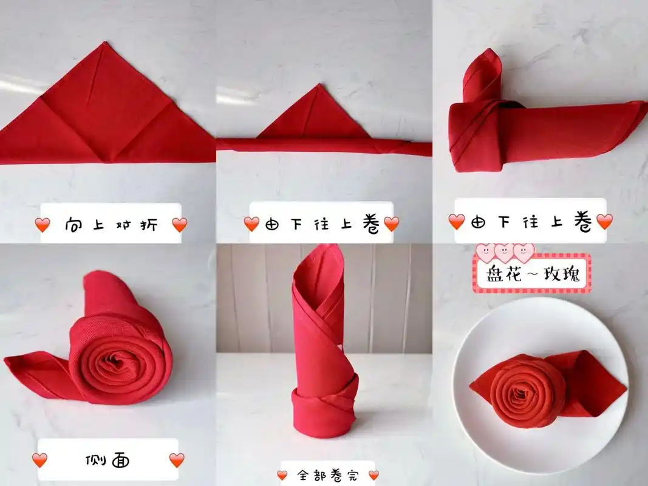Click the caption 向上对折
click(111, 225)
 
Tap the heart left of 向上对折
click(42, 225)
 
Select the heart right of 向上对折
click(180, 225)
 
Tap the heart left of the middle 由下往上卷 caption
click(251, 224)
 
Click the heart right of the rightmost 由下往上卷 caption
click(604, 221)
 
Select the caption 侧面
click(107, 460)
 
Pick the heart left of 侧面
click(39, 460)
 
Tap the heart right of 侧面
click(177, 460)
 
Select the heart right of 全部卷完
click(373, 475)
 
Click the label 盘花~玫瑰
click(533, 276)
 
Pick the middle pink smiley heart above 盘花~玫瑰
click(505, 251)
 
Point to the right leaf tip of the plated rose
click(626, 385)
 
